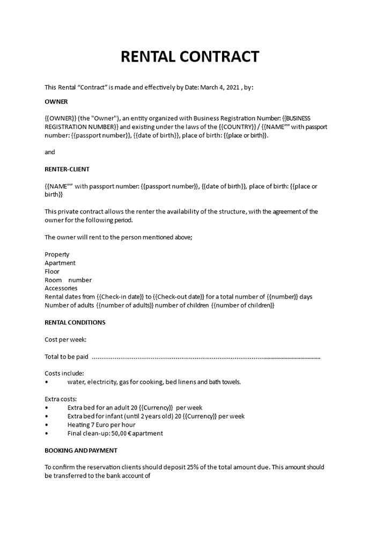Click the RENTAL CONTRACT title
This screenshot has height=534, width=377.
click(x=190, y=56)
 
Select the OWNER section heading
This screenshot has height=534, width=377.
click(x=56, y=101)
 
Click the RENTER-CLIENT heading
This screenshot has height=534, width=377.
click(x=67, y=169)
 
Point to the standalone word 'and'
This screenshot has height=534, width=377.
click(x=50, y=152)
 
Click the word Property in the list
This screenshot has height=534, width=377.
click(x=57, y=254)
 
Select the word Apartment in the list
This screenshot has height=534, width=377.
click(x=60, y=263)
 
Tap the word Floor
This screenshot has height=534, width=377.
click(x=52, y=272)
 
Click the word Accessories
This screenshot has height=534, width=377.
click(x=61, y=288)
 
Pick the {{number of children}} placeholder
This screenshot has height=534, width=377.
click(x=243, y=305)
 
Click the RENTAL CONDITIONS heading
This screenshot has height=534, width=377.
click(x=75, y=323)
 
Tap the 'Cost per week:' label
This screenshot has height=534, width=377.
click(x=65, y=340)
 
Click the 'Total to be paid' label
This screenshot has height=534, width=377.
click(x=66, y=357)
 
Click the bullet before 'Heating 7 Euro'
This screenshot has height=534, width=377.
click(x=47, y=425)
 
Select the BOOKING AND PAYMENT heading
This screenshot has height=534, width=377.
click(x=81, y=450)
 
